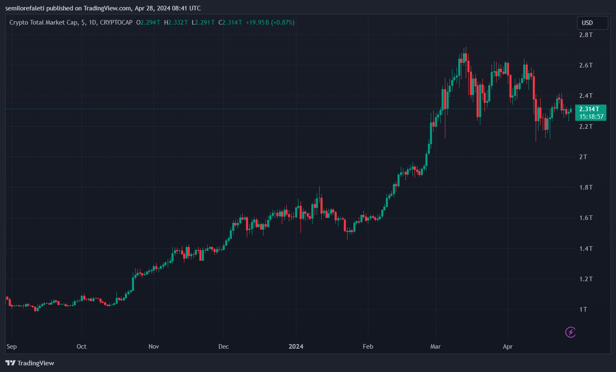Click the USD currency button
tap(592, 23)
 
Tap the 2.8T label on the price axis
tap(586, 35)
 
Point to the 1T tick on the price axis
tap(583, 310)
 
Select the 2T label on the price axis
tap(583, 157)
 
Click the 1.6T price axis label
tap(586, 218)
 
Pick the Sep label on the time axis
tap(12, 347)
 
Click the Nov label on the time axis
tap(154, 347)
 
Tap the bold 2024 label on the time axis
tap(296, 347)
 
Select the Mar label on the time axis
tap(435, 347)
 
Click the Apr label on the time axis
tap(507, 347)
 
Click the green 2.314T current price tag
tap(589, 109)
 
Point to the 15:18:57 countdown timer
tap(591, 117)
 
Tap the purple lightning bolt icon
tap(570, 332)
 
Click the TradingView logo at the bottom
tap(30, 363)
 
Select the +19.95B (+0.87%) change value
tap(270, 22)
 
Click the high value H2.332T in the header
tap(176, 22)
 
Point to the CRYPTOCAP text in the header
tap(116, 22)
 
